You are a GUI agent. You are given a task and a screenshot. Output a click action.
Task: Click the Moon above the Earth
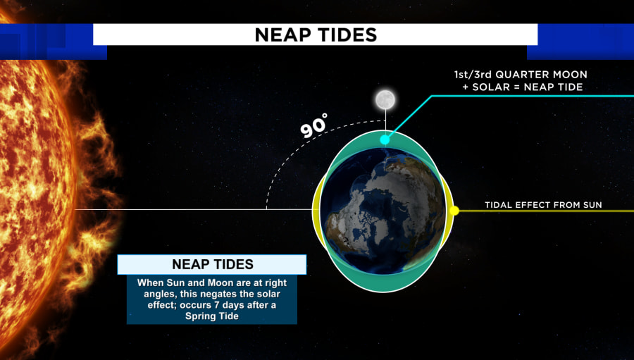385,100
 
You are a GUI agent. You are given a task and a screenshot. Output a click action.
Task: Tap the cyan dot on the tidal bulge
385,140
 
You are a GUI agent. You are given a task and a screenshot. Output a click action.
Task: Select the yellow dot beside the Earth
454,211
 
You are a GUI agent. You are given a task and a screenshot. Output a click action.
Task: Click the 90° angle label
313,125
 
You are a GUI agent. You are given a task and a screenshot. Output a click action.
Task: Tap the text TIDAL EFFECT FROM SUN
543,205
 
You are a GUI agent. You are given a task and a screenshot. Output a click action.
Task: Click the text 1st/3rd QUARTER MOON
521,75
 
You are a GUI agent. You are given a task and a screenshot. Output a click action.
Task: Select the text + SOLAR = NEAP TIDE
523,87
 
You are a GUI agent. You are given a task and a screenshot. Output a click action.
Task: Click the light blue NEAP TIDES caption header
212,264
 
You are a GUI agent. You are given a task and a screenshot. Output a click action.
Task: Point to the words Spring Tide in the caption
212,316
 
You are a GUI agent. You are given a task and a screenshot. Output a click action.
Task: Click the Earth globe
383,211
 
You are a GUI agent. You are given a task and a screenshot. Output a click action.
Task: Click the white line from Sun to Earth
194,209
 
